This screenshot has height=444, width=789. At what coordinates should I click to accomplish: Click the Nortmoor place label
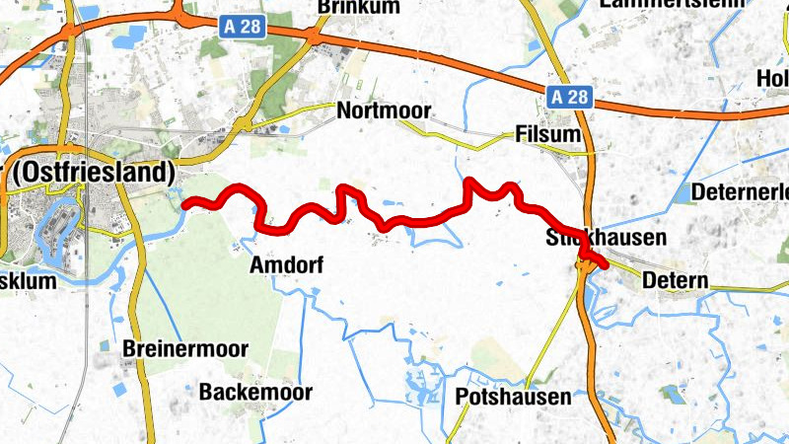pyautogui.click(x=384, y=111)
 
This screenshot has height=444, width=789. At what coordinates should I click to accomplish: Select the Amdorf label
pyautogui.click(x=287, y=265)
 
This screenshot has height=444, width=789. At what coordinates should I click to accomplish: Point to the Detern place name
pyautogui.click(x=675, y=281)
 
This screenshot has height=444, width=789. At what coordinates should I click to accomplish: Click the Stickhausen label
pyautogui.click(x=606, y=239)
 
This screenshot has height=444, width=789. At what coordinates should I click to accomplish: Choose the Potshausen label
pyautogui.click(x=514, y=398)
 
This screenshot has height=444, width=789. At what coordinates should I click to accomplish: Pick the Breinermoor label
pyautogui.click(x=185, y=349)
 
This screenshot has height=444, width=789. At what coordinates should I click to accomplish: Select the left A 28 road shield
pyautogui.click(x=241, y=28)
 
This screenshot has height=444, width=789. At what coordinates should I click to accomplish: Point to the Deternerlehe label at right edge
pyautogui.click(x=741, y=190)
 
